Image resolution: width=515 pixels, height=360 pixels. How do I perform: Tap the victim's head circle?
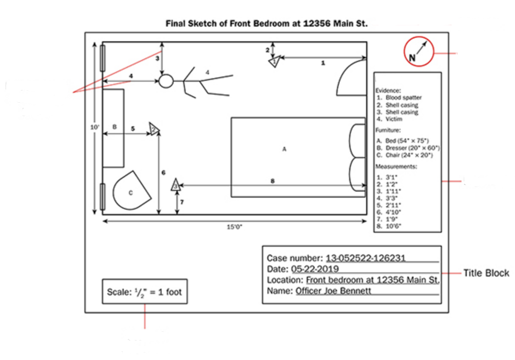[x=166, y=81]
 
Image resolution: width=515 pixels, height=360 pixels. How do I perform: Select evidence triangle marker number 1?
[x=275, y=61]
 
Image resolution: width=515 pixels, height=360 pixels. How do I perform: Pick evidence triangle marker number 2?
[x=154, y=128]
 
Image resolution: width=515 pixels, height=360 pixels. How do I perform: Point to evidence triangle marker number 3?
[x=175, y=185]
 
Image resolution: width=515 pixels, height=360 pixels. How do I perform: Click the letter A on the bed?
[x=284, y=149]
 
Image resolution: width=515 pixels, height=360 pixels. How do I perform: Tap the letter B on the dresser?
[x=114, y=127]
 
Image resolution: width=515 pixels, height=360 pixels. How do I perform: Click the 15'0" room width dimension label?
[x=234, y=227]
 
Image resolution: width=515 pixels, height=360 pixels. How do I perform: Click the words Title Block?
[x=486, y=273]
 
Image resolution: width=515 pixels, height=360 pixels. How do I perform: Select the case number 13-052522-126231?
[x=365, y=258]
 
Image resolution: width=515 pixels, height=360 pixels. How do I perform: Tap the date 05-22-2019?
[x=315, y=269]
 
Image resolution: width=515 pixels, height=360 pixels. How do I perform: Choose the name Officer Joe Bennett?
[x=333, y=291]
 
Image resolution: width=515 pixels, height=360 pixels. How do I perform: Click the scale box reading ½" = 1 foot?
[x=144, y=292]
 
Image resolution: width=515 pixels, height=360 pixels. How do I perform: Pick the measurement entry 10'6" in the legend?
[x=393, y=226]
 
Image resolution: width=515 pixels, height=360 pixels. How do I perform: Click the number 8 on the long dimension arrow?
[x=273, y=181]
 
